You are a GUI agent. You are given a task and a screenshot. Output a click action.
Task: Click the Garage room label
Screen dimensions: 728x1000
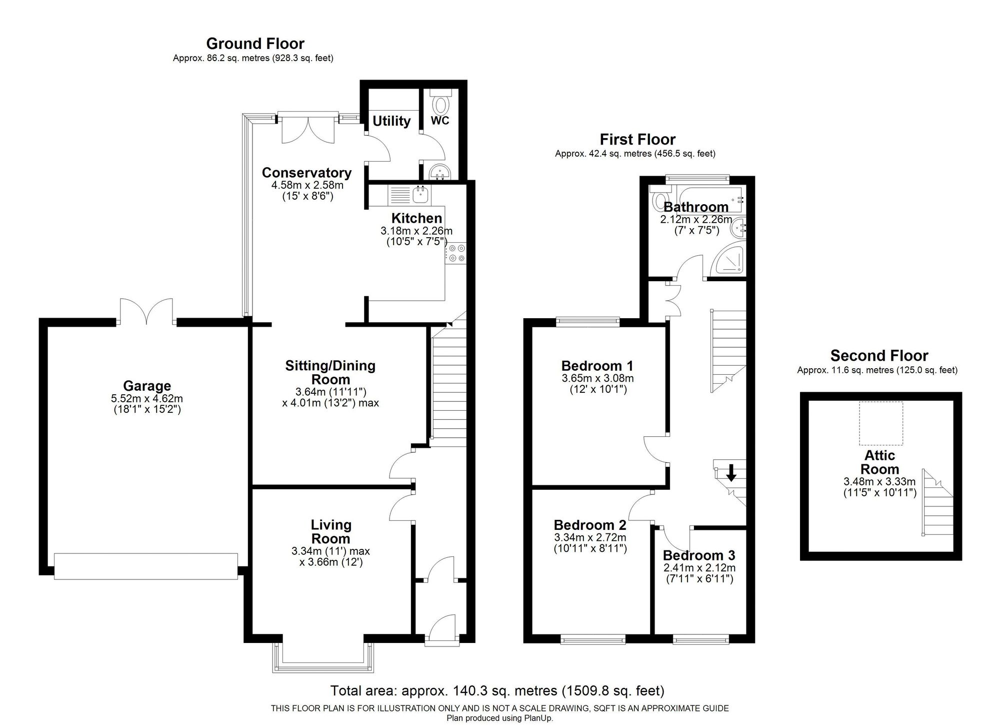pyautogui.click(x=146, y=386)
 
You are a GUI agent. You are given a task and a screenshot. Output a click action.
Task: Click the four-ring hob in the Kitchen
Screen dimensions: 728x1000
pyautogui.click(x=456, y=253)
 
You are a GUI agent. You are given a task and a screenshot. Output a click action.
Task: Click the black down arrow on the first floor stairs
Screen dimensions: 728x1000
pyautogui.click(x=731, y=472)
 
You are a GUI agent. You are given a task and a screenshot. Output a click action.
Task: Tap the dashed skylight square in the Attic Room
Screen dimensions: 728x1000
pyautogui.click(x=881, y=423)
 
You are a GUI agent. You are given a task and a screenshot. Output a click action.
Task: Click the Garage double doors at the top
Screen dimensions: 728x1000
pyautogui.click(x=146, y=311)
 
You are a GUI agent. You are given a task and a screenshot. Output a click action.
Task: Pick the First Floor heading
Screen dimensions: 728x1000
pyautogui.click(x=637, y=139)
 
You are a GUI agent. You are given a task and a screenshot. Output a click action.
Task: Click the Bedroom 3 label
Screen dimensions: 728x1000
pyautogui.click(x=699, y=555)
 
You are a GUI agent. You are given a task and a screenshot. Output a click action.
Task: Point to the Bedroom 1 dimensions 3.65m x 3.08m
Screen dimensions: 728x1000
pyautogui.click(x=597, y=378)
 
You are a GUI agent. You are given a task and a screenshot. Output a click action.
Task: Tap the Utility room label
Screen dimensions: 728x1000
pyautogui.click(x=391, y=121)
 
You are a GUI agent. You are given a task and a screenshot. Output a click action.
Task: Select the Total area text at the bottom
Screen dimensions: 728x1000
pyautogui.click(x=497, y=691)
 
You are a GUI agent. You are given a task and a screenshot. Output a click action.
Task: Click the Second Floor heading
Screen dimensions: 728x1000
pyautogui.click(x=879, y=356)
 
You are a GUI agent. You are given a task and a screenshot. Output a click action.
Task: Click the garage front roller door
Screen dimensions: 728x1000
pyautogui.click(x=145, y=566)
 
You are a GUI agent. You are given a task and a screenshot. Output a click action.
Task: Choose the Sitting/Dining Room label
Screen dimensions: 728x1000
pyautogui.click(x=330, y=372)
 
